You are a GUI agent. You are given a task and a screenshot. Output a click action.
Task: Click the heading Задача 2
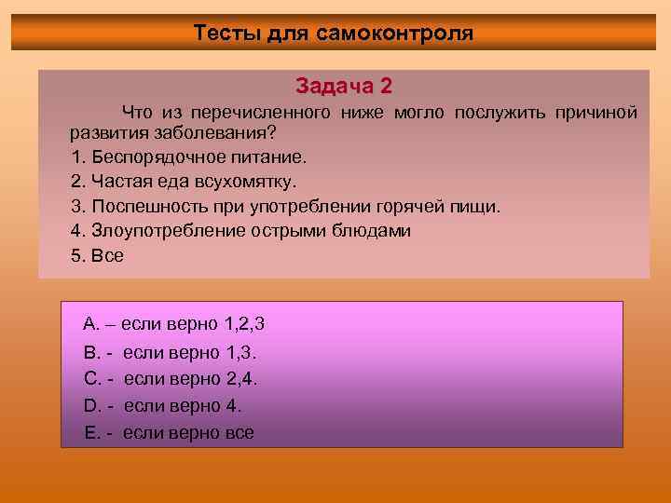coord(344,87)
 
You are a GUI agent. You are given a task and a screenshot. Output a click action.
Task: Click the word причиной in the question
coord(596,113)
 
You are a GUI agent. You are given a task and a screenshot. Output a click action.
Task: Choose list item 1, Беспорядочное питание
coord(187,158)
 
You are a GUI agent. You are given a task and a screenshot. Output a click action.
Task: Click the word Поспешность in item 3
coord(138,207)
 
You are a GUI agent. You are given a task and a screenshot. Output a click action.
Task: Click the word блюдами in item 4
coord(377,231)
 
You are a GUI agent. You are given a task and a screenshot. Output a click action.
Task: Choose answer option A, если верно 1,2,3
coord(173,325)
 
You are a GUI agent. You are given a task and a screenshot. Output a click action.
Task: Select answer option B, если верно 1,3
coord(170,353)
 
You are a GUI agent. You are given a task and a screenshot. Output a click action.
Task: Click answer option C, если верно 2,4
coord(170,379)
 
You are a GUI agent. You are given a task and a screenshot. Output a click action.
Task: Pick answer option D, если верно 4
coord(162,406)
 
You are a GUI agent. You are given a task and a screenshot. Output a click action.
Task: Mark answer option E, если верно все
coord(168,433)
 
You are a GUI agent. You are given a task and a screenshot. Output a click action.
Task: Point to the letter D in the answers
coord(90,406)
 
